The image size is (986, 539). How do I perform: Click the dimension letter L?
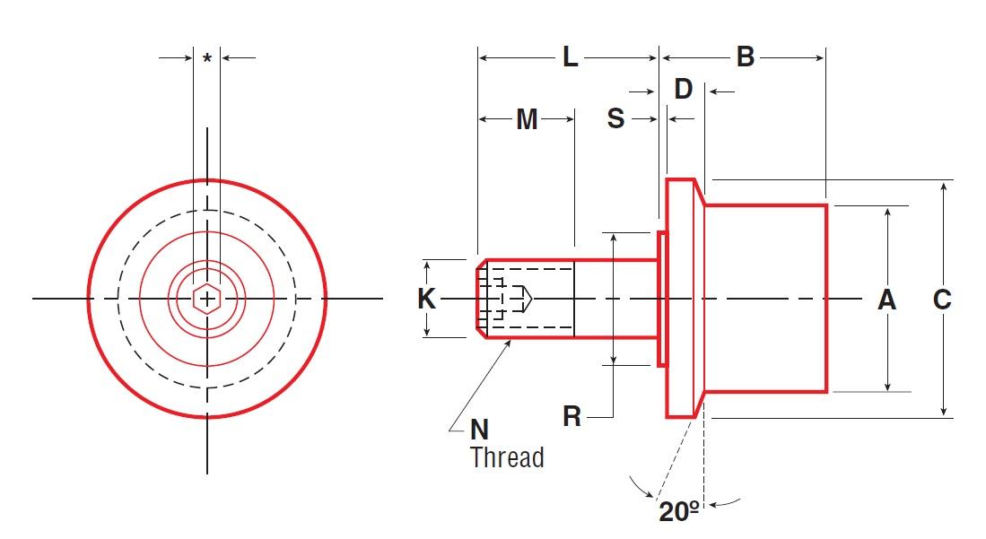pyautogui.click(x=571, y=58)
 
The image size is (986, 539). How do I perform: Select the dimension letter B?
pyautogui.click(x=746, y=58)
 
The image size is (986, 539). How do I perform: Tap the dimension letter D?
pyautogui.click(x=684, y=90)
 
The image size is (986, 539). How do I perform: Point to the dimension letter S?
pyautogui.click(x=615, y=118)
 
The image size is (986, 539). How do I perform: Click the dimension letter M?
pyautogui.click(x=527, y=119)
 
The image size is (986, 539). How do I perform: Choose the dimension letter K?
pyautogui.click(x=427, y=299)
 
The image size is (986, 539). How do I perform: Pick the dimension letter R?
pyautogui.click(x=572, y=416)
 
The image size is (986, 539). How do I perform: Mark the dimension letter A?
pyautogui.click(x=886, y=300)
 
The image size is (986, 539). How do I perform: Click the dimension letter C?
pyautogui.click(x=942, y=300)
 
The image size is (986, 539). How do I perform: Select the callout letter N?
pyautogui.click(x=480, y=430)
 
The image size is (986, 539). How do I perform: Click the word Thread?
pyautogui.click(x=507, y=457)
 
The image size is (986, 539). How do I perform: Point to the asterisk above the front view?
pyautogui.click(x=207, y=59)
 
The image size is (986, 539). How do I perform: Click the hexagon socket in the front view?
pyautogui.click(x=207, y=299)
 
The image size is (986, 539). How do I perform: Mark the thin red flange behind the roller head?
pyautogui.click(x=662, y=299)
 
